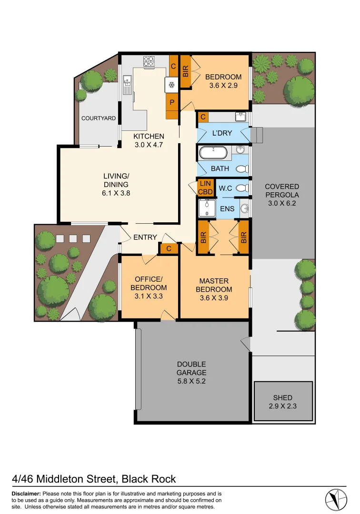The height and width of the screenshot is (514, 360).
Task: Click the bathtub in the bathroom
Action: (x=214, y=153)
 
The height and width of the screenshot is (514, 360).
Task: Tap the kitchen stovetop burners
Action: (x=149, y=61)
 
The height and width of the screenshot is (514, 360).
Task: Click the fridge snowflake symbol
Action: (x=171, y=85)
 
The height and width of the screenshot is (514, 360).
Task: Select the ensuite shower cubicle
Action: (x=207, y=208)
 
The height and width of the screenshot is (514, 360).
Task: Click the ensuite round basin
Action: (x=244, y=208)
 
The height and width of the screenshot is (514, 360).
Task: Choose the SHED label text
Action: (x=283, y=397)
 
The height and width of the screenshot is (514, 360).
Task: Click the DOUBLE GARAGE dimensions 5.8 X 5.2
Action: (x=191, y=381)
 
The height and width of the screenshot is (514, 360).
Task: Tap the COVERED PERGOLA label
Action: (x=282, y=191)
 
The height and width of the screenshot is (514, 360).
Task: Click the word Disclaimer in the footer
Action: (x=26, y=494)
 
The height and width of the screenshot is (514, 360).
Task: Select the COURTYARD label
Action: (x=99, y=118)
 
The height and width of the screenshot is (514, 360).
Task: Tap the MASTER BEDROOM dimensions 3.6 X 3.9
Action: (x=216, y=289)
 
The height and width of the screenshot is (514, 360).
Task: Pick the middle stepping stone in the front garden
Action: (x=73, y=238)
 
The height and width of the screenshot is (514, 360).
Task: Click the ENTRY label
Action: (x=145, y=237)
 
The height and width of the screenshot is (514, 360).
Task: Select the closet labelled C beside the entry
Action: (x=169, y=248)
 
